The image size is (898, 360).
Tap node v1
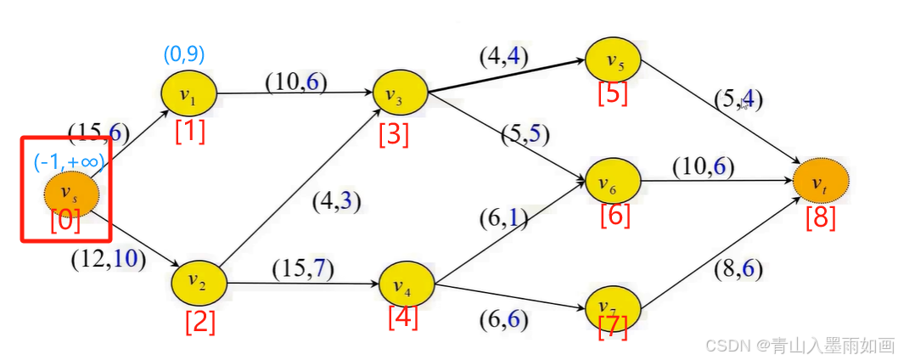188,94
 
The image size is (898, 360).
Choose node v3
400,95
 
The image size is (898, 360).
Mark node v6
613,181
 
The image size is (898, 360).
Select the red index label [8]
821,217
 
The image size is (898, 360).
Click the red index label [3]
394,135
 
